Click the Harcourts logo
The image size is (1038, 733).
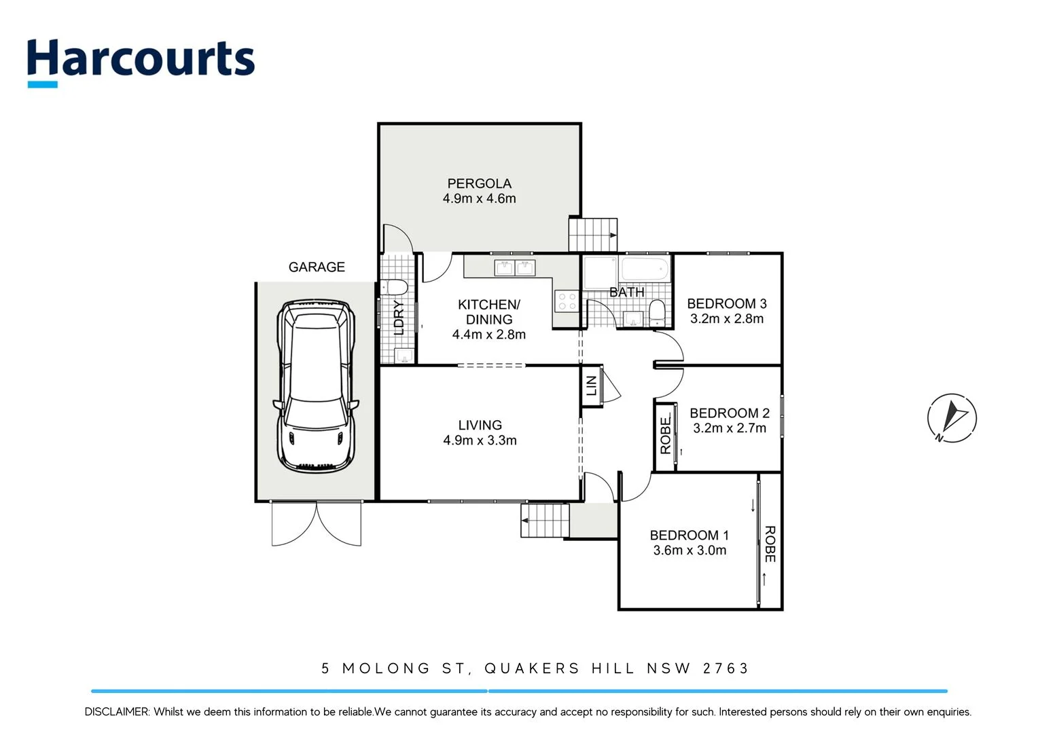141,61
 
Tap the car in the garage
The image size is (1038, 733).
316,386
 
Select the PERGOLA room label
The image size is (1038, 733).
479,183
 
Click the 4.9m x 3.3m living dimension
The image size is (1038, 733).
480,440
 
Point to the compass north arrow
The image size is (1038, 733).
952,417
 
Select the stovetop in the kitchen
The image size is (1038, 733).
567,301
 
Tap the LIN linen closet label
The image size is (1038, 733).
592,386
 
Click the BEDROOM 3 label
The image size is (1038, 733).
726,303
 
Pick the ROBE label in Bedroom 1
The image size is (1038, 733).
770,544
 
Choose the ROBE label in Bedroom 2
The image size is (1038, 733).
665,436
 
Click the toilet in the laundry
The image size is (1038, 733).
394,286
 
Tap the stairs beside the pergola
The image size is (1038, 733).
592,235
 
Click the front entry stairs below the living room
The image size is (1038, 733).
544,521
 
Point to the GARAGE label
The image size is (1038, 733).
317,267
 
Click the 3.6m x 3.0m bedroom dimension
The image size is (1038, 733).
690,550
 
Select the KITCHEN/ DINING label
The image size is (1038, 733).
488,312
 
